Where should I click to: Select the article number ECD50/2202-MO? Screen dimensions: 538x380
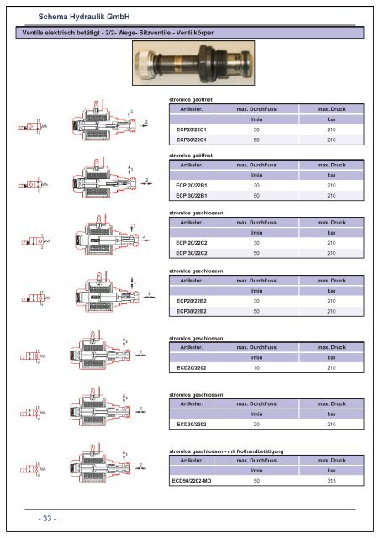click(191, 482)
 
